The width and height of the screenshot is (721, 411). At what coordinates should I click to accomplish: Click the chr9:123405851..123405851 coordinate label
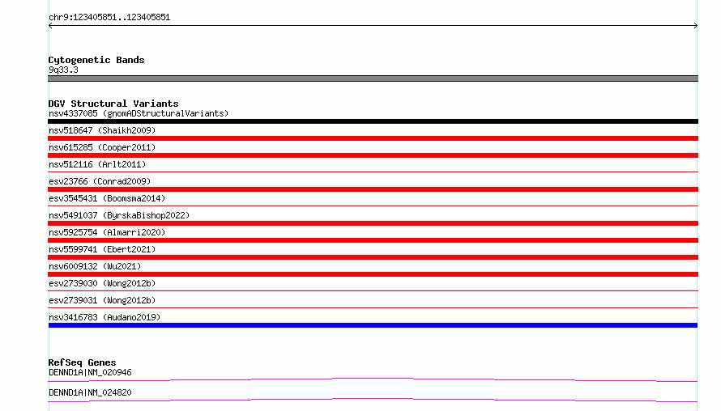coord(109,18)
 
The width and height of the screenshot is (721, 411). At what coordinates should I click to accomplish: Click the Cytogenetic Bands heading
coord(96,60)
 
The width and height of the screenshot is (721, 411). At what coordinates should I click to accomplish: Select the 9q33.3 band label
coord(63,70)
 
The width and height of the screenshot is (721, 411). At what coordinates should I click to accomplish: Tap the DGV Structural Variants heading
coord(113,104)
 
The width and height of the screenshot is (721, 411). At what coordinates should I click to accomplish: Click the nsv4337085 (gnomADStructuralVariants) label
coord(139,113)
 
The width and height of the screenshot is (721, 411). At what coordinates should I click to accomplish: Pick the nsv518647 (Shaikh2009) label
coord(102,130)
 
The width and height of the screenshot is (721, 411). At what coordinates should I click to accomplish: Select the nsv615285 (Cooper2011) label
coord(102,147)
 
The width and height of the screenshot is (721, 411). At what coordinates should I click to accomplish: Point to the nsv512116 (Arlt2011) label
coord(97,164)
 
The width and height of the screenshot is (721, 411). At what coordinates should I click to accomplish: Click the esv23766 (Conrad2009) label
coord(100,181)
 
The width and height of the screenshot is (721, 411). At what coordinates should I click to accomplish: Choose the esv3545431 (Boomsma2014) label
coord(107,198)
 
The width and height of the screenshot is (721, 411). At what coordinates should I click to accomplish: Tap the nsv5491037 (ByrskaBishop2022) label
coord(119,215)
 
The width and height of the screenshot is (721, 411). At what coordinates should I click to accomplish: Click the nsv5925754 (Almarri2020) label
coord(107,232)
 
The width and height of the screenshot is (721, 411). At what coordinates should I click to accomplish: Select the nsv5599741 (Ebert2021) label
coord(102,249)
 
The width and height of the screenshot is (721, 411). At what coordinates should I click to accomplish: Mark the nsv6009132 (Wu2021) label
coord(95,266)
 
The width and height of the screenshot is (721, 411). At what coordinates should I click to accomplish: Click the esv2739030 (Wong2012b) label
coord(102,283)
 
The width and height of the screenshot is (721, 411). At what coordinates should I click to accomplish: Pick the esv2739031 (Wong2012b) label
coord(102,300)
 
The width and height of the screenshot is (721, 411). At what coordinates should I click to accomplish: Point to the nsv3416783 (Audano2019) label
coord(105,317)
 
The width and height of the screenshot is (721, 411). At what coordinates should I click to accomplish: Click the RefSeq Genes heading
coord(82,362)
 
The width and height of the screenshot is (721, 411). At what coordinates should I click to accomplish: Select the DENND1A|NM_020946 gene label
coord(90,372)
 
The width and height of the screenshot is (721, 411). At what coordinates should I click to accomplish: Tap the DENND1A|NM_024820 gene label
coord(90,392)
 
